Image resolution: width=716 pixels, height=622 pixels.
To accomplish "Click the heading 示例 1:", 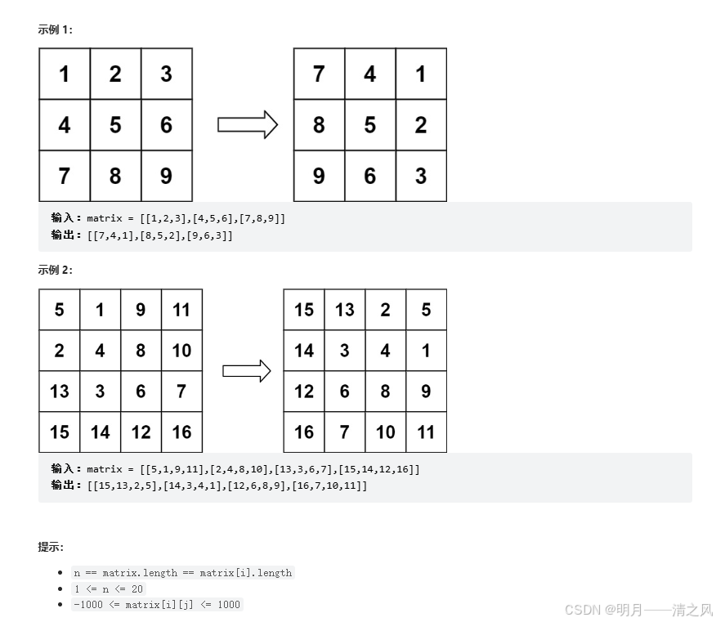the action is (55, 29).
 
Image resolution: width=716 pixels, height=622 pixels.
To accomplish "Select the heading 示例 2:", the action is (55, 270).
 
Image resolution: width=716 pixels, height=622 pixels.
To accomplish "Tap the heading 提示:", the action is (51, 547).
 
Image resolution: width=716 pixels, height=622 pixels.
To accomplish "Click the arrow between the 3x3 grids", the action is (247, 125).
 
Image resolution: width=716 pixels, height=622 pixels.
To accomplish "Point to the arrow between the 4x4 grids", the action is (246, 371).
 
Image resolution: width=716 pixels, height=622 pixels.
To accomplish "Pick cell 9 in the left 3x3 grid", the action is (167, 176).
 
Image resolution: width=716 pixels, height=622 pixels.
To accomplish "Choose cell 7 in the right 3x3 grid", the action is (319, 74).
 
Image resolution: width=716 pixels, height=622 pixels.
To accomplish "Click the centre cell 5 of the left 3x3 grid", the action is (115, 125).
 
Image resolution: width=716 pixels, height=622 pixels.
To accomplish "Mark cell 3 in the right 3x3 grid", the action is (421, 176).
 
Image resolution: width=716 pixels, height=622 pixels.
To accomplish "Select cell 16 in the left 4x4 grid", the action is (181, 432).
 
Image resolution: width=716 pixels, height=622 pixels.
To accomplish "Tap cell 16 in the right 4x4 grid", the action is (304, 432).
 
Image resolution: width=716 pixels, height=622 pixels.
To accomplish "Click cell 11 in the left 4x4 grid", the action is (181, 310).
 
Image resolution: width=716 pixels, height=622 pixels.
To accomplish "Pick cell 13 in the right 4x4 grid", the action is (345, 310).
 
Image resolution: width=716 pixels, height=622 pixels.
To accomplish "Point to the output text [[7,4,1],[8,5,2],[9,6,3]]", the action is (159, 235).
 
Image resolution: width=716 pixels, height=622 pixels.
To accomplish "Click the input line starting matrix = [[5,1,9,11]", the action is (253, 469).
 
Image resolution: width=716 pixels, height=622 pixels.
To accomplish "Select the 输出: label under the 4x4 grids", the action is (66, 486).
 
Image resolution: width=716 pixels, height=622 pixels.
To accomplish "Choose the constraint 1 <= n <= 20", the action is (109, 588).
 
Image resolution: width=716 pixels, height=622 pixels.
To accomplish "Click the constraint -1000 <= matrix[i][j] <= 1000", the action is (157, 605).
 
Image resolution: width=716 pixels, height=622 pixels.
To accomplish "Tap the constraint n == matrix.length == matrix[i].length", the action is (182, 573).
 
